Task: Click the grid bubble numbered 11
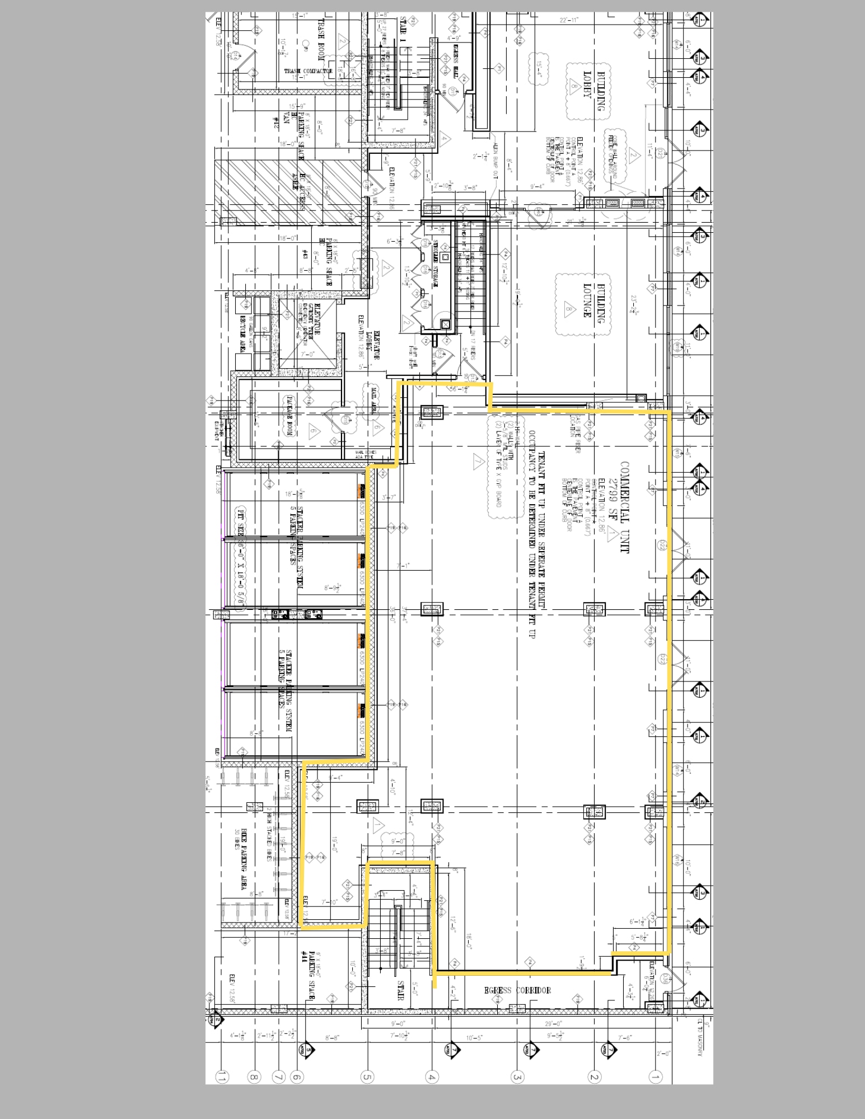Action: [x=222, y=1075]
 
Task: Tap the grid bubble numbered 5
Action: [x=367, y=1075]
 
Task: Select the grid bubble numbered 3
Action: [x=517, y=1075]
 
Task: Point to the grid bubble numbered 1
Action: [x=655, y=1075]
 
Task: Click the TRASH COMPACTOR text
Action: [x=308, y=71]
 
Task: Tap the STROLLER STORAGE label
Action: [x=436, y=264]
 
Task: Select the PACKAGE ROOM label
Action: [x=291, y=416]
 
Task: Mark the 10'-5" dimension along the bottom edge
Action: [x=475, y=1038]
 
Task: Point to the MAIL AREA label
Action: [x=373, y=399]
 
